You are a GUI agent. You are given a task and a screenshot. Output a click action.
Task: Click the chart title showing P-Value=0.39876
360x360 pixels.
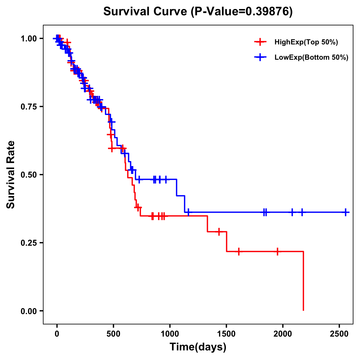coord(198,11)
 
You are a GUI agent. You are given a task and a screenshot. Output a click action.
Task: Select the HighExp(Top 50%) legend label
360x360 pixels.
coord(306,42)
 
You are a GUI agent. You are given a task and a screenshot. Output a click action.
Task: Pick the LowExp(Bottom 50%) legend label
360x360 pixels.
coord(311,58)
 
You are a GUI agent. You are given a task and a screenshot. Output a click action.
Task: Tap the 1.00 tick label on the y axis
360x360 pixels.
coord(28,39)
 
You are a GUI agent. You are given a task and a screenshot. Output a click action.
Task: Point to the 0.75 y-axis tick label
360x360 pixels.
coord(28,107)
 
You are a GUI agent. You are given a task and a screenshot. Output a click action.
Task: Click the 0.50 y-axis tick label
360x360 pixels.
coord(28,175)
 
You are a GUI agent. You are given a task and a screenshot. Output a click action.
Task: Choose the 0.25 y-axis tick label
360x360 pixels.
coord(28,243)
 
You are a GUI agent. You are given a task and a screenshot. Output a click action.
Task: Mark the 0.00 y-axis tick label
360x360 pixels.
coord(28,311)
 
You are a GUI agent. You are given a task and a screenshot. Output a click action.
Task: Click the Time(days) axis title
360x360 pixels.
coord(198,347)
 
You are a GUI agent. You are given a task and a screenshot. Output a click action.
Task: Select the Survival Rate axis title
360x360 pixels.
coord(11,175)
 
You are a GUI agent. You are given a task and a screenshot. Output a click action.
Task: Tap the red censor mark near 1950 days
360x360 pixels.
coord(277,251)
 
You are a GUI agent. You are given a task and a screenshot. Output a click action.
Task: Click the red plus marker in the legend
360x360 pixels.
coord(260,42)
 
